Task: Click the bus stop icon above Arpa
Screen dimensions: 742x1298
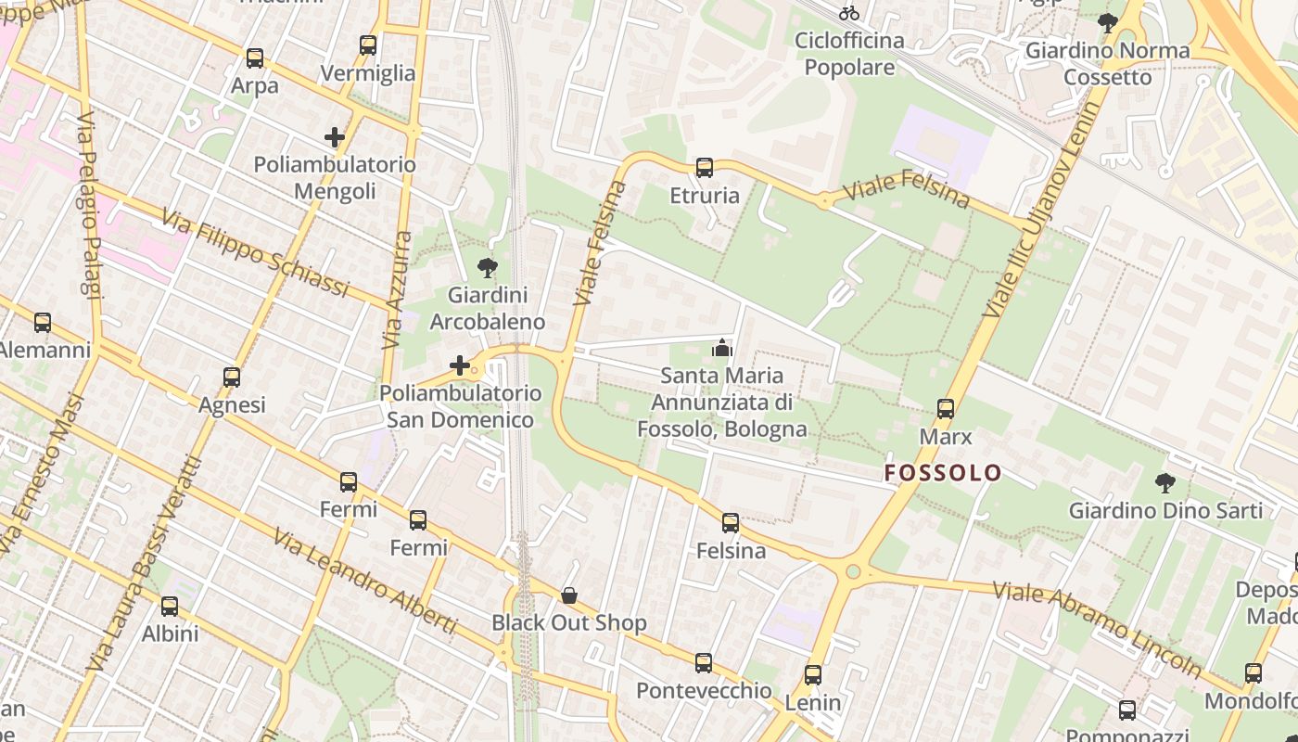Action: (255, 58)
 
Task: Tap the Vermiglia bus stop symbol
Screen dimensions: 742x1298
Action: (368, 45)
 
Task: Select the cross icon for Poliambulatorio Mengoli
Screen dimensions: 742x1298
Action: (335, 137)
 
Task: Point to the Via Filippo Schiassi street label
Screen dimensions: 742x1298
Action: (255, 253)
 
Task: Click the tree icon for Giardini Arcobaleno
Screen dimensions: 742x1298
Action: (487, 269)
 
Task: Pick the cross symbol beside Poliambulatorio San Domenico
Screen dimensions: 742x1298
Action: (460, 365)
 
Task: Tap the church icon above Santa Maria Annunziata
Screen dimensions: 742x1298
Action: (721, 349)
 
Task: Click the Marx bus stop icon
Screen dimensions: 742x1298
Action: (946, 409)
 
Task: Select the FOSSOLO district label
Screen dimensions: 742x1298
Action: (943, 473)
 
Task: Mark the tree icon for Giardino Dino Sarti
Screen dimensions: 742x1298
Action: (1165, 483)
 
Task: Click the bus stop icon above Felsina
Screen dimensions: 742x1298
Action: (731, 523)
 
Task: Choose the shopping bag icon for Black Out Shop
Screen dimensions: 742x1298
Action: (569, 595)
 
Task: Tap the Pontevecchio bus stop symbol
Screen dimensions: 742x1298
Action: (704, 663)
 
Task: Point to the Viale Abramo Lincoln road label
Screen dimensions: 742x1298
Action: (1097, 629)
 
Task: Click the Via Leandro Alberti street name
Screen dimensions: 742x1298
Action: (365, 582)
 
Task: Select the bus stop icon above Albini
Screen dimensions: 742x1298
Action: (170, 607)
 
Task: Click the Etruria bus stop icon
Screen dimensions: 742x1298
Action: (705, 168)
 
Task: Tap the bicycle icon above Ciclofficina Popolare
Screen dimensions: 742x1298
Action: (849, 13)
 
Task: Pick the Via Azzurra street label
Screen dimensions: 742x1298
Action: (397, 290)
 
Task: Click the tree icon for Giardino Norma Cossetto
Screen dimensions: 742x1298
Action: (1107, 22)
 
